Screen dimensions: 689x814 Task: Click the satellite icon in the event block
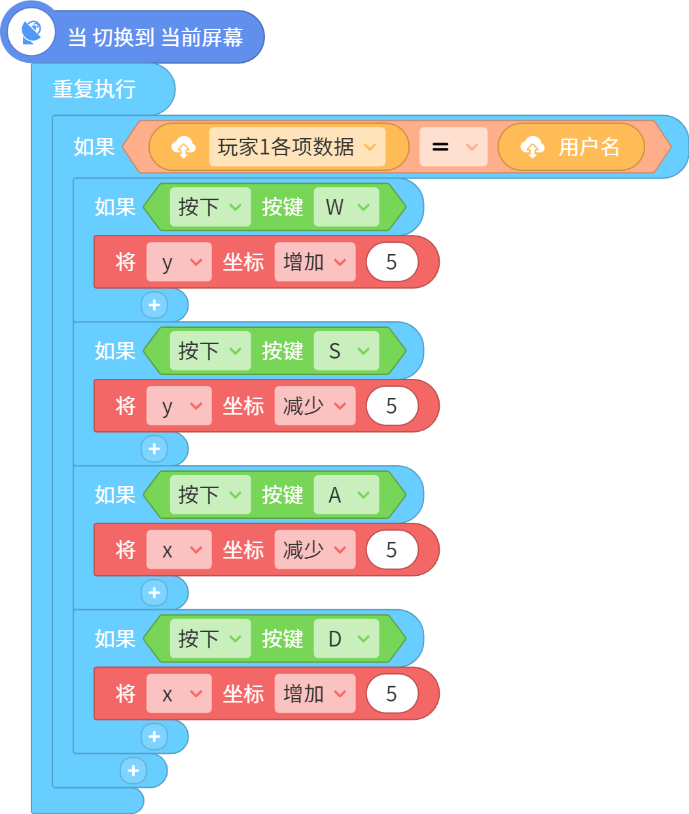coord(31,32)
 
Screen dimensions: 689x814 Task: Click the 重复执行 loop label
coord(94,90)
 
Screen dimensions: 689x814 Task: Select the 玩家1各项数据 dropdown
coord(297,147)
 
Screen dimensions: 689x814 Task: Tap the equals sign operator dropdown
coord(453,147)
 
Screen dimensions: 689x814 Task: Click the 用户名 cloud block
coord(571,147)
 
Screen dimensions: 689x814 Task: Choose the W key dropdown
coord(347,207)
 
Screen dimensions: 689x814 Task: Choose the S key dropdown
coord(347,351)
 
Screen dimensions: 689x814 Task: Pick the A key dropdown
coord(347,494)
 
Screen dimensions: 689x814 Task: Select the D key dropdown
coord(347,639)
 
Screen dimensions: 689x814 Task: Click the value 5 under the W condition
coord(392,262)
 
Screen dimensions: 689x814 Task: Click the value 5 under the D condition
coord(392,694)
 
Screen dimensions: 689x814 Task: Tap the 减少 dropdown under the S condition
coord(315,406)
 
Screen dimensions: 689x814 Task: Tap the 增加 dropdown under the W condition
coord(315,262)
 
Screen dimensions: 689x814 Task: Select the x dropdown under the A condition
coord(179,550)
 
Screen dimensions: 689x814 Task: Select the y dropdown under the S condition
coord(179,406)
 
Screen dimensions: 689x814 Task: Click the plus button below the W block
coord(154,305)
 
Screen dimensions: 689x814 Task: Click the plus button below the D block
coord(154,736)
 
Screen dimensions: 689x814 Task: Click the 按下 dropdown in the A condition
coord(210,494)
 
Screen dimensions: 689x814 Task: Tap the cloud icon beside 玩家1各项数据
coord(183,147)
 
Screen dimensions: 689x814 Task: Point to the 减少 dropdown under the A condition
coord(315,550)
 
